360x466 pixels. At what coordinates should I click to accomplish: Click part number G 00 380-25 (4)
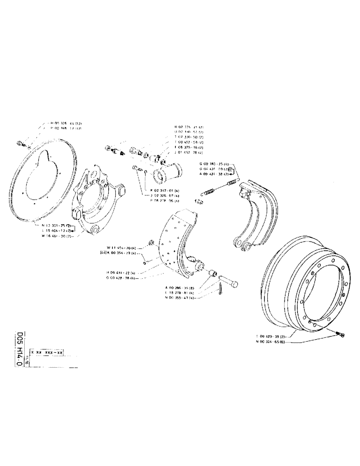point(214,164)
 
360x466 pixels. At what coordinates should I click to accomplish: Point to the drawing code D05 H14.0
point(20,349)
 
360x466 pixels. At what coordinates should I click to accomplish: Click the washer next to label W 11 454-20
point(151,241)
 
